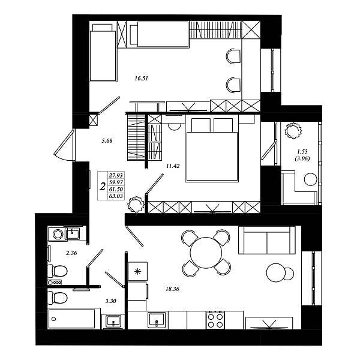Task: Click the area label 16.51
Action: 141,79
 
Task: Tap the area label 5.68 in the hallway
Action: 107,140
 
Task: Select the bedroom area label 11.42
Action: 173,166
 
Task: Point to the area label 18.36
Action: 172,289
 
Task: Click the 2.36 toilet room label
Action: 71,253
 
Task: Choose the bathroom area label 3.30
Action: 110,301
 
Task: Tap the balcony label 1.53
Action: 302,152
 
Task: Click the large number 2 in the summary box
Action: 103,187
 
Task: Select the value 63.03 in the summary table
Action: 116,196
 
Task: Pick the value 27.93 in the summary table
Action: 116,175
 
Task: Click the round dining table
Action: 206,253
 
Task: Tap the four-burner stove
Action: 215,320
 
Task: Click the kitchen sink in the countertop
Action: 157,320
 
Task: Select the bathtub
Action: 71,319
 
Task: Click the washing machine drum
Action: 58,234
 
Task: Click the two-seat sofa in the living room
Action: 267,240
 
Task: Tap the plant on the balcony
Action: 293,131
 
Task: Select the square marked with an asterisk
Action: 137,272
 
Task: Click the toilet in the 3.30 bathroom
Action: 58,298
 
